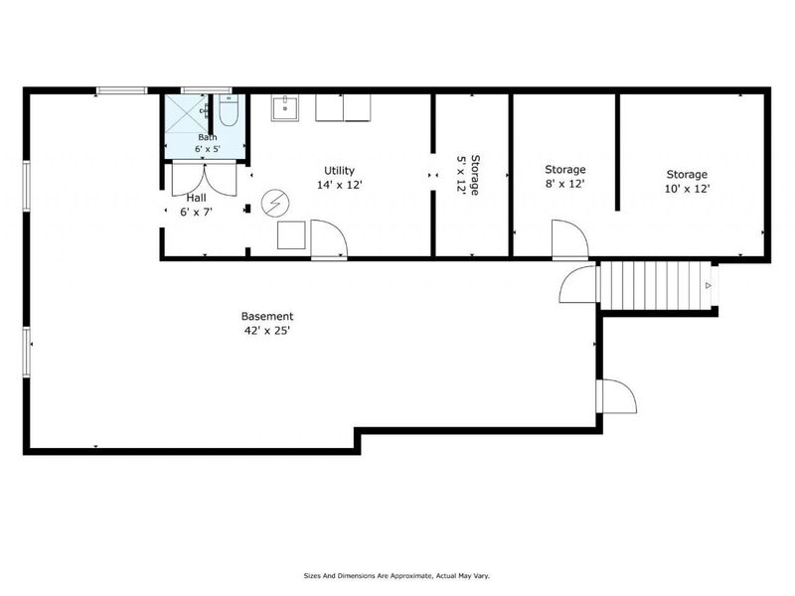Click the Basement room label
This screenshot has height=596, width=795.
pyautogui.click(x=267, y=317)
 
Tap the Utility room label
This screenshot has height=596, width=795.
pyautogui.click(x=339, y=171)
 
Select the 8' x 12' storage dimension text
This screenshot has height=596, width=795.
pyautogui.click(x=564, y=184)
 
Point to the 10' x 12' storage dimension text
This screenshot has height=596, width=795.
pyautogui.click(x=687, y=189)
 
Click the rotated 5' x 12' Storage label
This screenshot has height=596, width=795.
pyautogui.click(x=468, y=175)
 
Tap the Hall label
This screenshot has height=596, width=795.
pyautogui.click(x=196, y=198)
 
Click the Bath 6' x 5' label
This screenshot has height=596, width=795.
pyautogui.click(x=208, y=143)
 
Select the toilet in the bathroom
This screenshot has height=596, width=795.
pyautogui.click(x=229, y=110)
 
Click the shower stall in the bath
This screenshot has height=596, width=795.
pyautogui.click(x=187, y=113)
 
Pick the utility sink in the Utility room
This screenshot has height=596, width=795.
pyautogui.click(x=285, y=108)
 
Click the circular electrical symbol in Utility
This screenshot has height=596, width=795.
pyautogui.click(x=274, y=203)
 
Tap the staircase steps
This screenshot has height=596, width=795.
pyautogui.click(x=655, y=285)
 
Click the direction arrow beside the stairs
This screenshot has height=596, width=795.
pyautogui.click(x=709, y=286)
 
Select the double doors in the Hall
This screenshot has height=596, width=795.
pyautogui.click(x=205, y=179)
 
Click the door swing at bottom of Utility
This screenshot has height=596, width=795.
pyautogui.click(x=329, y=239)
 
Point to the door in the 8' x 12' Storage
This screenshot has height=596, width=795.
pyautogui.click(x=570, y=239)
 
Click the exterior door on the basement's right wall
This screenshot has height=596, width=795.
pyautogui.click(x=616, y=396)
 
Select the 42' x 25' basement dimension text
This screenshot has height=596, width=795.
pyautogui.click(x=267, y=331)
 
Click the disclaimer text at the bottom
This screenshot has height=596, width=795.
pyautogui.click(x=397, y=576)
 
